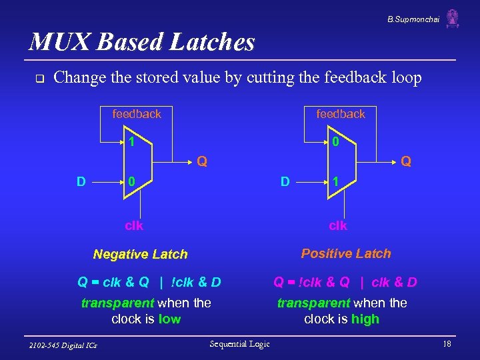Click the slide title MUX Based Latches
coord(141,42)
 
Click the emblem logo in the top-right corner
coord(453,18)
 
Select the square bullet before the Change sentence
coord(39,79)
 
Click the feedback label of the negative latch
coord(137,114)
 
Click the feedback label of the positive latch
coord(341,114)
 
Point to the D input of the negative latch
coord(81,181)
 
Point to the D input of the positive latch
coord(285,181)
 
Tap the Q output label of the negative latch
coord(201,161)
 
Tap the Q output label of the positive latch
coord(405,161)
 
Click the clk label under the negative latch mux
coord(134,225)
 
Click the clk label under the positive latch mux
coord(338,225)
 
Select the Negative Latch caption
coord(141,254)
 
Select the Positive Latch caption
coord(346,253)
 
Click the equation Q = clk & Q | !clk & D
coord(149,282)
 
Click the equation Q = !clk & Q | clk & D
coord(345,282)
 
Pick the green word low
coord(169,319)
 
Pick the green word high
coord(365,319)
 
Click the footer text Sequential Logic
coord(239,343)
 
